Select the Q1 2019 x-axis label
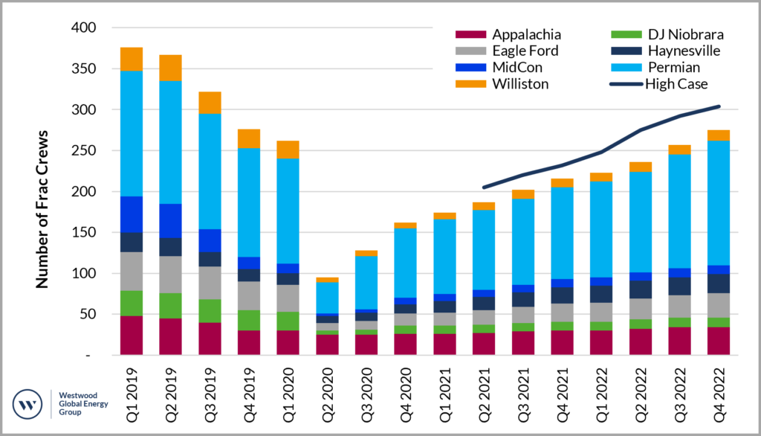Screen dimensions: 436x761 click(132, 384)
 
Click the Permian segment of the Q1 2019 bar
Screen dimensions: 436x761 click(132, 134)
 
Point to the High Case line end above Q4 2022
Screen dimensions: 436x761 click(719, 106)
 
